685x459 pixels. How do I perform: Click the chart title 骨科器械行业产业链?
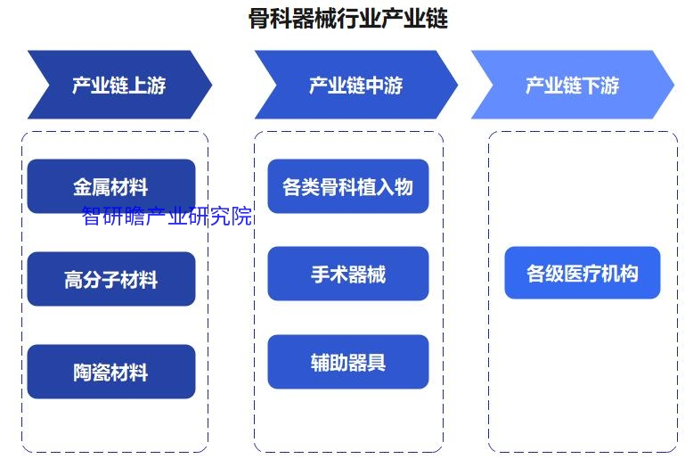pyautogui.click(x=348, y=19)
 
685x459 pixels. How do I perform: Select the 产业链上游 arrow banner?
pyautogui.click(x=119, y=85)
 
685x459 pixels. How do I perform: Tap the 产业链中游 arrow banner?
pyautogui.click(x=356, y=85)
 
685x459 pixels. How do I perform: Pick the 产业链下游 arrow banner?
pyautogui.click(x=573, y=85)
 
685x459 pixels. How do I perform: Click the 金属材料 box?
pyautogui.click(x=111, y=186)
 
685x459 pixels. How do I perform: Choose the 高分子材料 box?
pyautogui.click(x=111, y=279)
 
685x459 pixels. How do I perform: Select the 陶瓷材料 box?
pyautogui.click(x=111, y=372)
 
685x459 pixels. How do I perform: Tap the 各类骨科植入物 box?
pyautogui.click(x=348, y=186)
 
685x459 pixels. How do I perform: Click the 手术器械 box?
pyautogui.click(x=348, y=274)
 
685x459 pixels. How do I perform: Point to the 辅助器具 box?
pyautogui.click(x=348, y=362)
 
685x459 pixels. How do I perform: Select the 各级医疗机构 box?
pyautogui.click(x=583, y=273)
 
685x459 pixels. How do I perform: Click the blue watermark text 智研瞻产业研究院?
pyautogui.click(x=167, y=216)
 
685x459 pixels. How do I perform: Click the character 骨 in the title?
pyautogui.click(x=259, y=19)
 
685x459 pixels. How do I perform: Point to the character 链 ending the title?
pyautogui.click(x=437, y=19)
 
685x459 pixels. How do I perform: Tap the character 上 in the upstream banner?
pyautogui.click(x=137, y=86)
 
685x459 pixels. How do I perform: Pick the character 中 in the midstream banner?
pyautogui.click(x=374, y=86)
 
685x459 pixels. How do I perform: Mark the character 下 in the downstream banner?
pyautogui.click(x=591, y=86)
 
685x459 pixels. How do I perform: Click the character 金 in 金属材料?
pyautogui.click(x=83, y=187)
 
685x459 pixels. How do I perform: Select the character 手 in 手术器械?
pyautogui.click(x=320, y=275)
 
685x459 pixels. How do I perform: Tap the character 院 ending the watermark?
pyautogui.click(x=241, y=216)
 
